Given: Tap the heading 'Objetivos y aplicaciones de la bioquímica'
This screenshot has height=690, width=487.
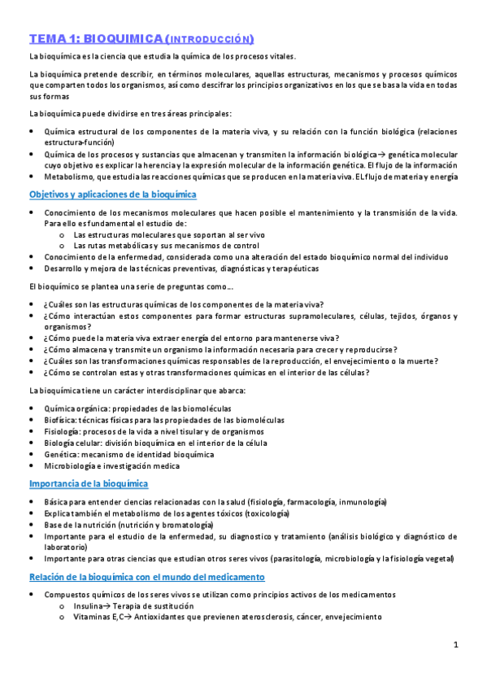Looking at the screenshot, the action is (112, 194).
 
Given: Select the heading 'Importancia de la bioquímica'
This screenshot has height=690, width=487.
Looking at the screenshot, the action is (88, 483).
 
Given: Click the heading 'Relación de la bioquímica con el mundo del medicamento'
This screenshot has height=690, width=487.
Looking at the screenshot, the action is (146, 576).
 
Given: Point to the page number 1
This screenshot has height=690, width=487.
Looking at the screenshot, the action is (456, 644).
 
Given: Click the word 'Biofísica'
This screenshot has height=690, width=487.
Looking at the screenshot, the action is (62, 420).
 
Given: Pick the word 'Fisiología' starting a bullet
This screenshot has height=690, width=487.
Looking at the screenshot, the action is (63, 431).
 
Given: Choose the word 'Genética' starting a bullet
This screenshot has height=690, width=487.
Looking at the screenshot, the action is (62, 454).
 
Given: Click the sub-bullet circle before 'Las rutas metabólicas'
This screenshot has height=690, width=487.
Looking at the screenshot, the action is (62, 245).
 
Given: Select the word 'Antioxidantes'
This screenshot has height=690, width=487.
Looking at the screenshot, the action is (168, 617).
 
